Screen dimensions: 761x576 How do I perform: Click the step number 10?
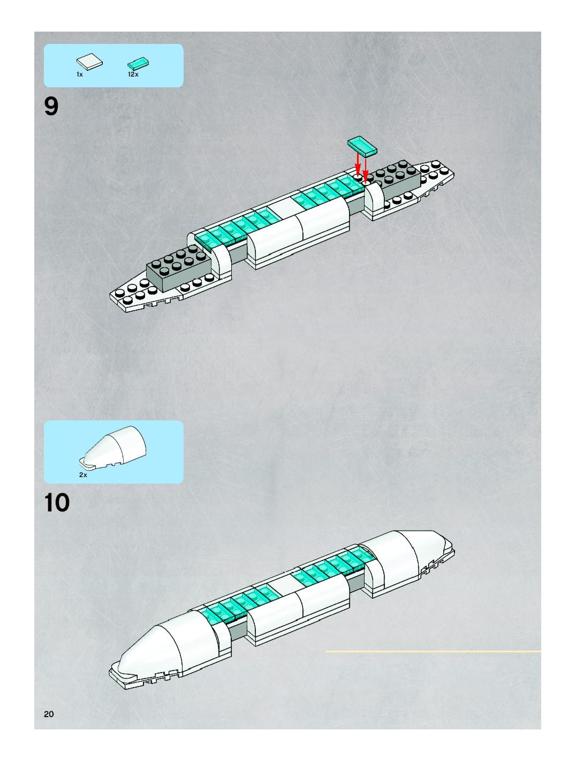coord(57,503)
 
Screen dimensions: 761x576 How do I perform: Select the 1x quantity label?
coord(79,75)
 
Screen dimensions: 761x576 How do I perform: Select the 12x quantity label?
coord(133,74)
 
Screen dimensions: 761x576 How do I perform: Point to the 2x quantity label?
coord(83,475)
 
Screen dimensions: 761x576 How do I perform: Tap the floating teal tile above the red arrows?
coord(362,145)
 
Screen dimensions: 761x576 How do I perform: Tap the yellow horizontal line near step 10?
coord(433,651)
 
